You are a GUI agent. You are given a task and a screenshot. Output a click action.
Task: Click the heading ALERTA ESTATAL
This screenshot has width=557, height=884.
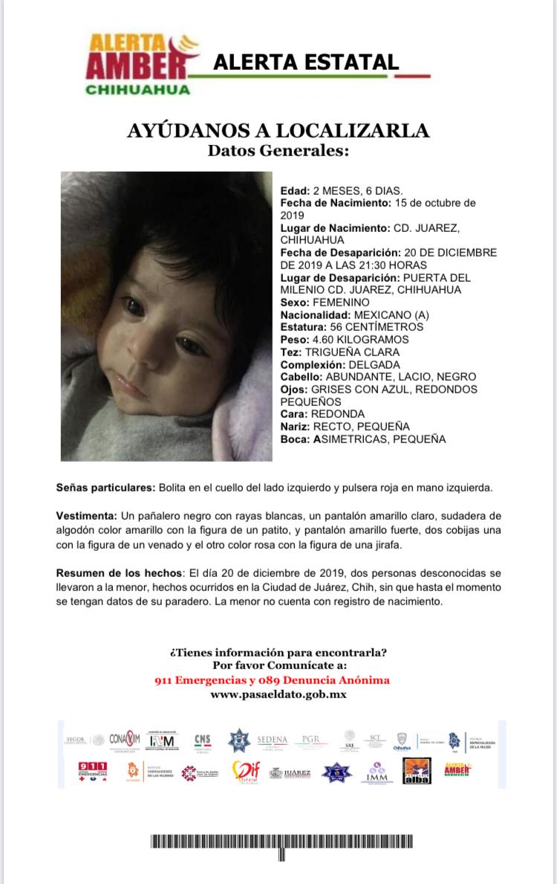[306, 62]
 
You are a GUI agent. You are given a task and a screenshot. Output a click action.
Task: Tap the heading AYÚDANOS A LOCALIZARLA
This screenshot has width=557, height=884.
[278, 132]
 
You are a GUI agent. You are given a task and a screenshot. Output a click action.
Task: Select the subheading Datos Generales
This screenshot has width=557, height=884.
[278, 151]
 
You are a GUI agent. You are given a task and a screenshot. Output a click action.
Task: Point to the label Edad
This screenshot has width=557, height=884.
[293, 190]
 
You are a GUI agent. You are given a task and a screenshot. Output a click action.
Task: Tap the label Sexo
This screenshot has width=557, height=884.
[294, 303]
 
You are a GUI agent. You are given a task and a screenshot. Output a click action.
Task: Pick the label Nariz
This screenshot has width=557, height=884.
[295, 427]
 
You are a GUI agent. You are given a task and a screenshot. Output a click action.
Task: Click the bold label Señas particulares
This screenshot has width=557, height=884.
[105, 488]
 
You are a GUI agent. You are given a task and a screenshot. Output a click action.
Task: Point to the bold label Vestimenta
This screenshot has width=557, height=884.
[86, 516]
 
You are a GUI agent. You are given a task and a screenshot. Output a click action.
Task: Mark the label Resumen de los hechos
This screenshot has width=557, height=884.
[120, 574]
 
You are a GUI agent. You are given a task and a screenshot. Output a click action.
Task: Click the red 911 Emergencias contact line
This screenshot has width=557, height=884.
[272, 680]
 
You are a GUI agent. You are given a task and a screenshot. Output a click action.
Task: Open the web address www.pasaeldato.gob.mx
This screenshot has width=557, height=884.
[278, 694]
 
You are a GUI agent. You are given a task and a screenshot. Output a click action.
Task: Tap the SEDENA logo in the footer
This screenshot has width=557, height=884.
[272, 740]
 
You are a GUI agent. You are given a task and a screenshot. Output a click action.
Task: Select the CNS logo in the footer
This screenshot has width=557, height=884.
[203, 741]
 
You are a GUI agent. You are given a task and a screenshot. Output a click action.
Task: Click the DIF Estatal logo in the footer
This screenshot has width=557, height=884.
[246, 772]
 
